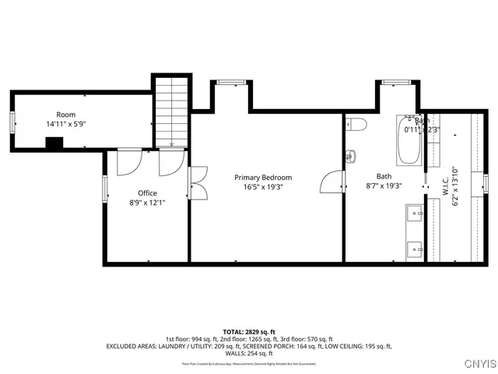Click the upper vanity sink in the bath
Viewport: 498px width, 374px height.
pyautogui.click(x=413, y=211)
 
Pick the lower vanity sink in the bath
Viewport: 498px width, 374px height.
pyautogui.click(x=413, y=249)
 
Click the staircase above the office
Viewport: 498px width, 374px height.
pyautogui.click(x=171, y=109)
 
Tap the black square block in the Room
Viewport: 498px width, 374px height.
pyautogui.click(x=54, y=143)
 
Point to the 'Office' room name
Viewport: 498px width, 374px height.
pyautogui.click(x=147, y=193)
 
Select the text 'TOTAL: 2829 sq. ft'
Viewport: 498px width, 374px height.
pyautogui.click(x=248, y=331)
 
